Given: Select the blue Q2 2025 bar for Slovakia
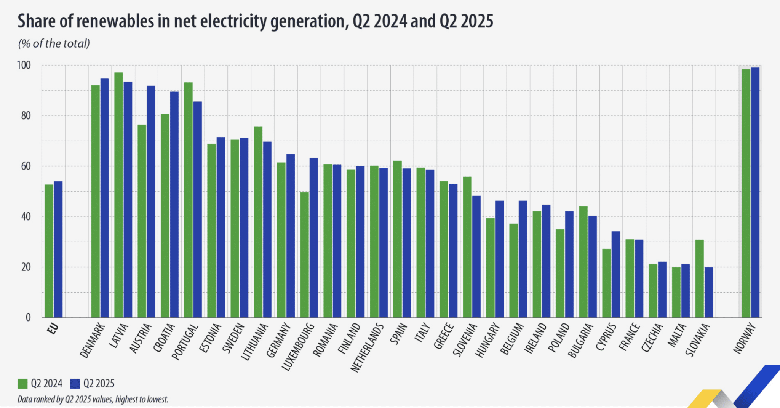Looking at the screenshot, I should pos(709,292).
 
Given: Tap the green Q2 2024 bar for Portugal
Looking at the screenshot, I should pos(188,200).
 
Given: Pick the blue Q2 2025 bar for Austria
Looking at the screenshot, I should pos(151,202).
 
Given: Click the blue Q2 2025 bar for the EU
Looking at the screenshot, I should pos(58,249).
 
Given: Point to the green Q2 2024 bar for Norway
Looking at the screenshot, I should pos(746,193).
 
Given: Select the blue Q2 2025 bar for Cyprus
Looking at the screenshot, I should pos(616,274).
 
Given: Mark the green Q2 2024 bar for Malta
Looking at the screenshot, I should pos(676,292).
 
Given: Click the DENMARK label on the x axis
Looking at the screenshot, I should pos(93,341).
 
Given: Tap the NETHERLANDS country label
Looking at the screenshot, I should pos(366,347).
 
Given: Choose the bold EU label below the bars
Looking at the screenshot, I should pos(53,328).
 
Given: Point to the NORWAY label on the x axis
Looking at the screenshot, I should pos(745,338).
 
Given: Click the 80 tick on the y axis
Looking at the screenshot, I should pos(26,116).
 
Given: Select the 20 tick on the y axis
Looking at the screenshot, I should pos(26,267).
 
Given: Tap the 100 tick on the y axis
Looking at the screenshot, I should pos(24,65).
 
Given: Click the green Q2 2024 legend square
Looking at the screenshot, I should pos(22,384).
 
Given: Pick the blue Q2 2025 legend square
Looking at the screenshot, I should pos(75,384).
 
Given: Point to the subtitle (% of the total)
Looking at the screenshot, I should pos(54,44).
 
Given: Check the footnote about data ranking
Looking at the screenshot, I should pos(93,399).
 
